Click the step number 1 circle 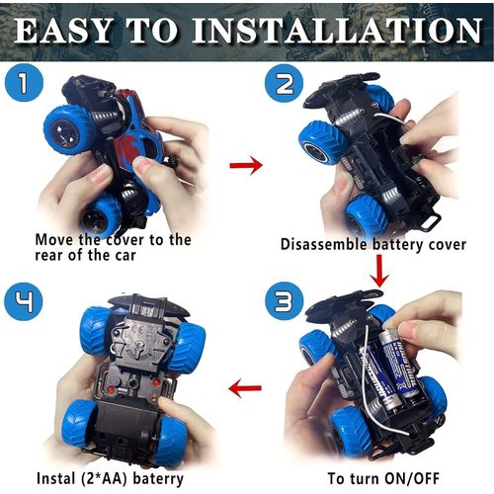pos(24,82)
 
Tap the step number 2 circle pos(284,83)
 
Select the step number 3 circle pos(284,301)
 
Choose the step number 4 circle pos(24,301)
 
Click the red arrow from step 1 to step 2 pos(246,165)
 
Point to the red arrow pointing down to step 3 pos(379,271)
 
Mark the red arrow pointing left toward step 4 pos(245,387)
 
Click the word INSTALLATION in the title pos(337,31)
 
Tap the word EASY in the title pos(62,31)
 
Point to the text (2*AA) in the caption pos(104,478)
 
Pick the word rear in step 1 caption pos(48,256)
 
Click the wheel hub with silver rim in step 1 pos(65,134)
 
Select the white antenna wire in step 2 pos(391,119)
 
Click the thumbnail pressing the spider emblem pos(141,164)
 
